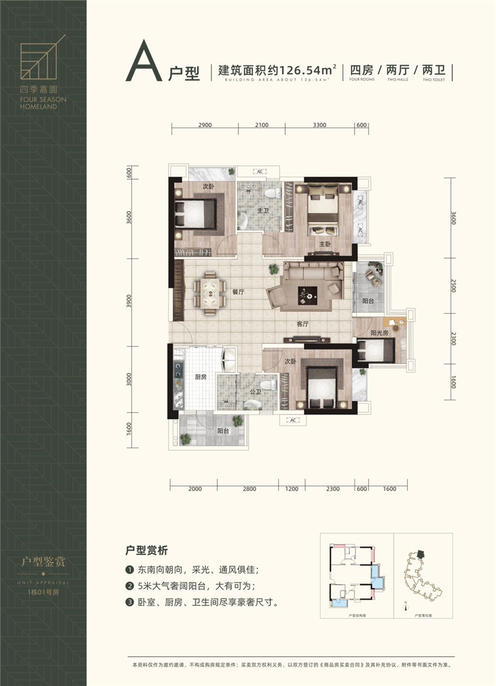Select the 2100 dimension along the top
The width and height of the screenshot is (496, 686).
[x=261, y=125]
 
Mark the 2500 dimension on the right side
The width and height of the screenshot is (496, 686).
[x=453, y=286]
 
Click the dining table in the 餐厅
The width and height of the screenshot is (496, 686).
[x=210, y=292]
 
